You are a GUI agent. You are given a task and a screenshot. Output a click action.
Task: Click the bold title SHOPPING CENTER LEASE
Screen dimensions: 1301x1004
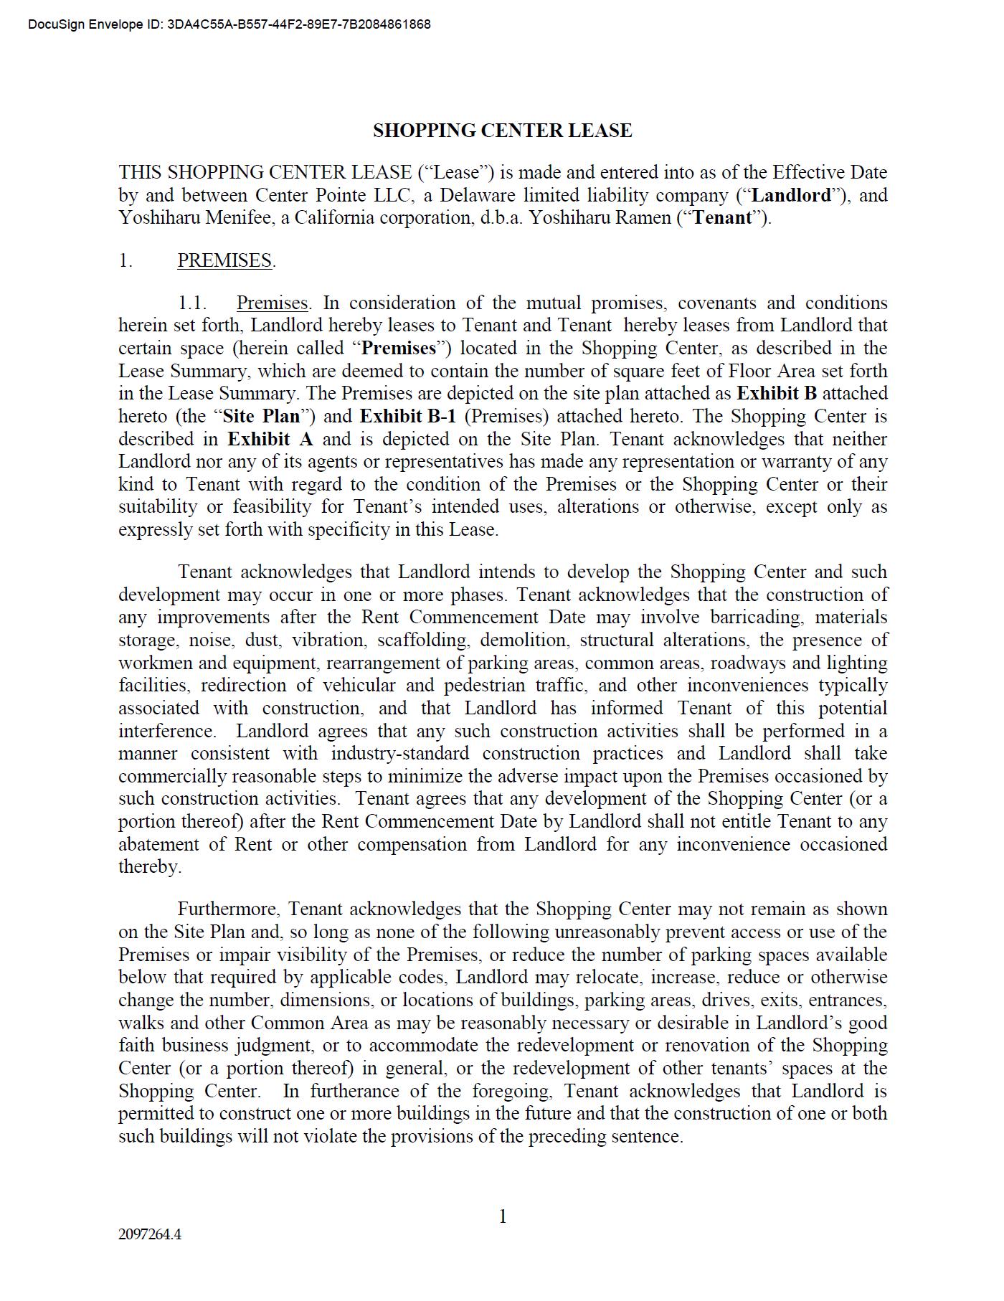point(502,131)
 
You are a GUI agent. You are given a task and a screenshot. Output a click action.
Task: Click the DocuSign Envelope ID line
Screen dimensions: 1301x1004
point(229,24)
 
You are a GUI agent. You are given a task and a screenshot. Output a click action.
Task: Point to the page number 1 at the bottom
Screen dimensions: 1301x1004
point(503,1216)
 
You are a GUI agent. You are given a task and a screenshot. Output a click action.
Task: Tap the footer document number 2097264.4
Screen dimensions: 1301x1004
point(150,1234)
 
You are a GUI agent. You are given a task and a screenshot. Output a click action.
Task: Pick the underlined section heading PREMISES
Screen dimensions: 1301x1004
point(224,260)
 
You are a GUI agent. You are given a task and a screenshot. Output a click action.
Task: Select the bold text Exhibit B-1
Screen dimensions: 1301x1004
point(407,416)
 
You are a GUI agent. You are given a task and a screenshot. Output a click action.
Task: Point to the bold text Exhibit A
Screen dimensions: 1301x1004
point(270,439)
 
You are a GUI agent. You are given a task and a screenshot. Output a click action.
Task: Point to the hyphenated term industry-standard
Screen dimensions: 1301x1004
point(399,753)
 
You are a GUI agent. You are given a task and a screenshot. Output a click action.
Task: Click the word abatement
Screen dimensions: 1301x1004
point(158,844)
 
